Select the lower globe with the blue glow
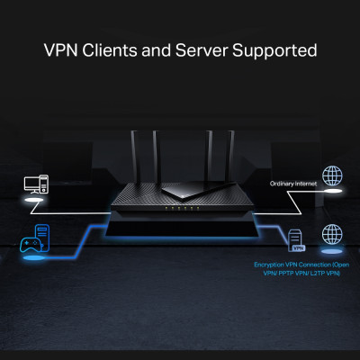point(332,236)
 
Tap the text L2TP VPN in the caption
point(321,274)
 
